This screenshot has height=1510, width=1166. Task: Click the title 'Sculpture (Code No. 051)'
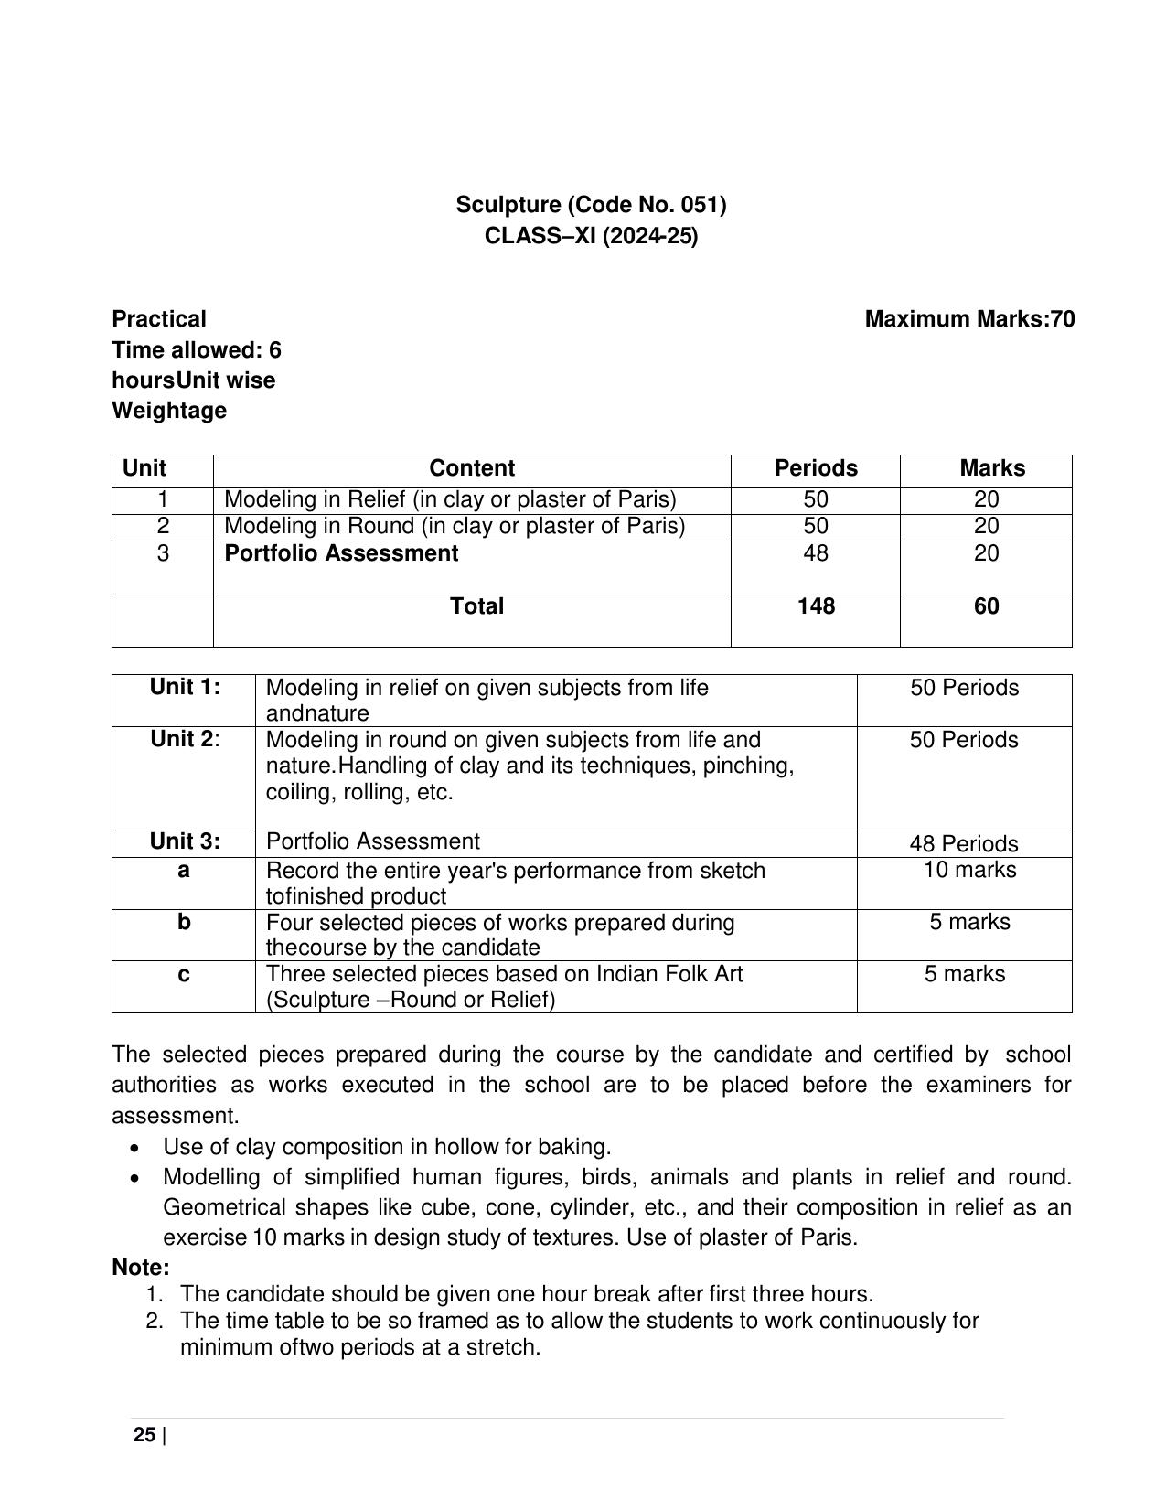(x=591, y=205)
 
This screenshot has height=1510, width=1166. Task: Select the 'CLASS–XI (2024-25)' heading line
(x=591, y=236)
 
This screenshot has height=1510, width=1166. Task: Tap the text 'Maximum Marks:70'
(x=969, y=319)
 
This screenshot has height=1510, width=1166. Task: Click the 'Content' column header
(x=472, y=468)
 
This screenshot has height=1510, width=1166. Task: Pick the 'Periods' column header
(x=816, y=468)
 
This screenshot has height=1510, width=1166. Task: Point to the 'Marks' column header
(x=992, y=468)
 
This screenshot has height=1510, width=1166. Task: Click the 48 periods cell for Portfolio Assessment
(x=816, y=553)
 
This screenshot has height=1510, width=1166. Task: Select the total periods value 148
(x=816, y=606)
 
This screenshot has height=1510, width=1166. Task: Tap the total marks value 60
(x=987, y=606)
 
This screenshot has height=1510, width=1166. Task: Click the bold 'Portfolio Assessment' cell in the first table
(x=341, y=553)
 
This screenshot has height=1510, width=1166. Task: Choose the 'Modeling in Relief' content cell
(x=450, y=499)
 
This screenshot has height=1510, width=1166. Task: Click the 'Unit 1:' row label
(x=186, y=687)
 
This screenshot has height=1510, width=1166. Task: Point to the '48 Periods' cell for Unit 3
(x=964, y=843)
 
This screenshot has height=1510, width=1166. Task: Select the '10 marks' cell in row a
(x=969, y=870)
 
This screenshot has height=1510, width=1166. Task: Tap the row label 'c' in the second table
(x=184, y=974)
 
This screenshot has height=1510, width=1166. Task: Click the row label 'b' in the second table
(x=184, y=922)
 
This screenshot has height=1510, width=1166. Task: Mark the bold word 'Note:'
(x=141, y=1268)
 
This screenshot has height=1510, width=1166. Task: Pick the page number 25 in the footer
(x=144, y=1435)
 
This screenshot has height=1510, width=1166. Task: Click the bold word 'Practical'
(x=159, y=319)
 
